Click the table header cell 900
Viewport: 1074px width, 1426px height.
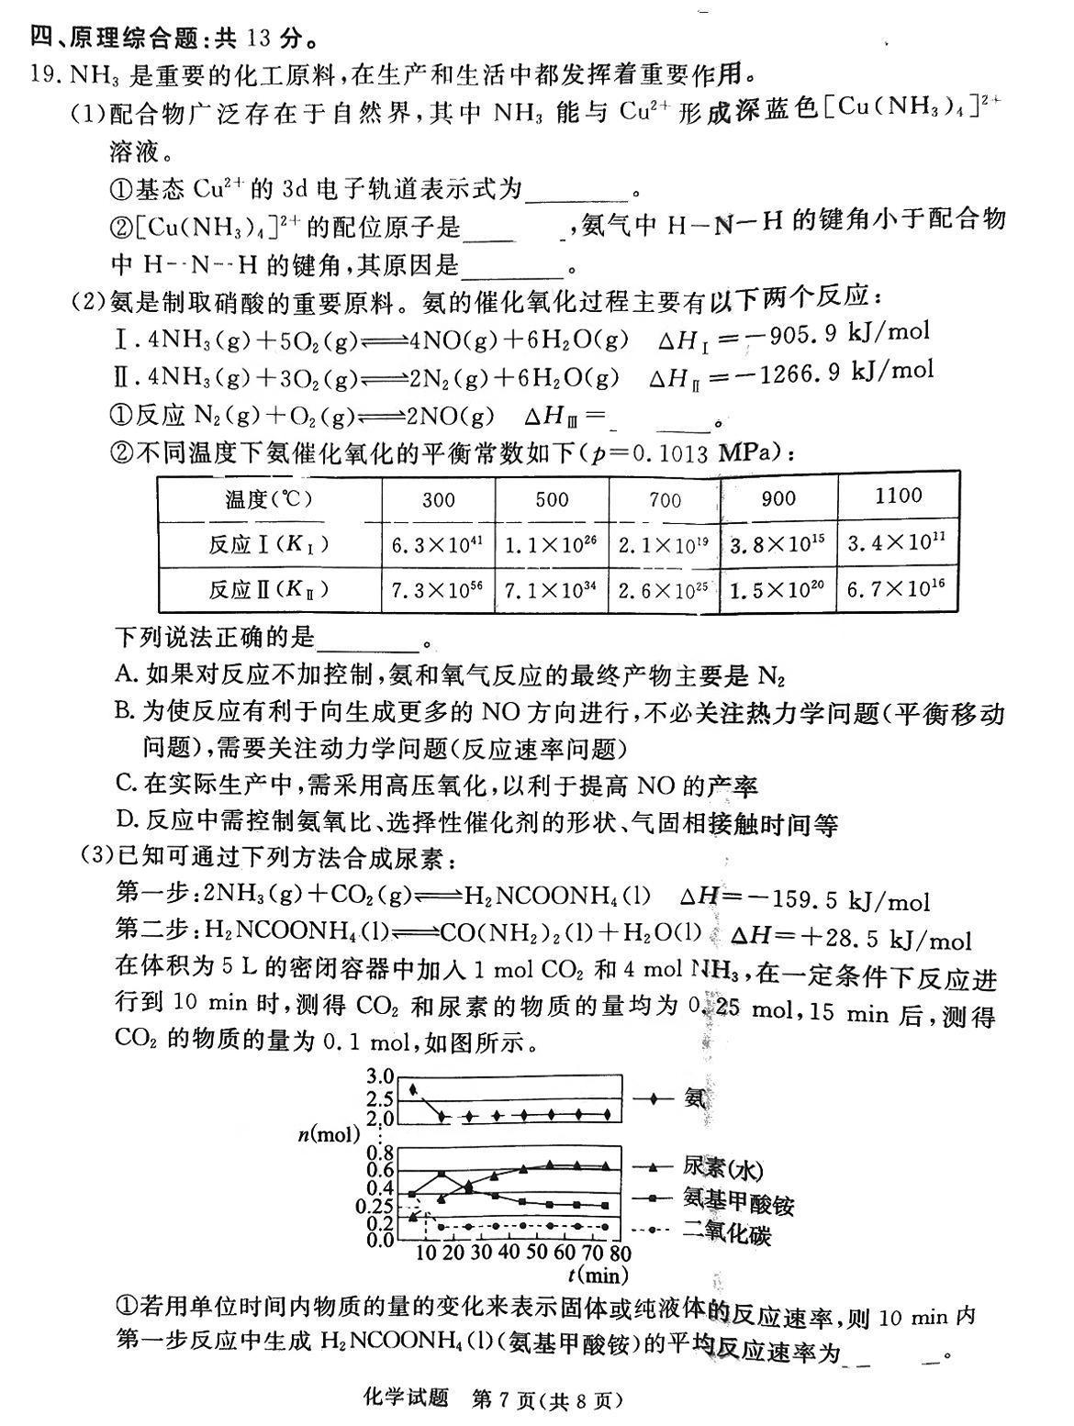pos(778,499)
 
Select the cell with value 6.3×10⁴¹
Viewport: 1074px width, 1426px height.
pos(437,545)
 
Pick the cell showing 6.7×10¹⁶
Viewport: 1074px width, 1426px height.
pos(896,587)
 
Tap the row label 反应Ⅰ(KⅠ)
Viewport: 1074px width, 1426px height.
pos(268,545)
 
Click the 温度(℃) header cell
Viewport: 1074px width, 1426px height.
pos(268,500)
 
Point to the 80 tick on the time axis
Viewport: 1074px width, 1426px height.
pos(620,1253)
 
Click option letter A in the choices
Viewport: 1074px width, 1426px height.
pos(126,675)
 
